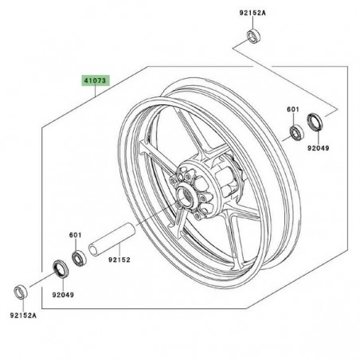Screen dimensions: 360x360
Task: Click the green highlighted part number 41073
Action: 94,81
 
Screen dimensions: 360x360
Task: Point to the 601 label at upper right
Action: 293,110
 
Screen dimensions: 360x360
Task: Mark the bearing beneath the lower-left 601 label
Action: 80,256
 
